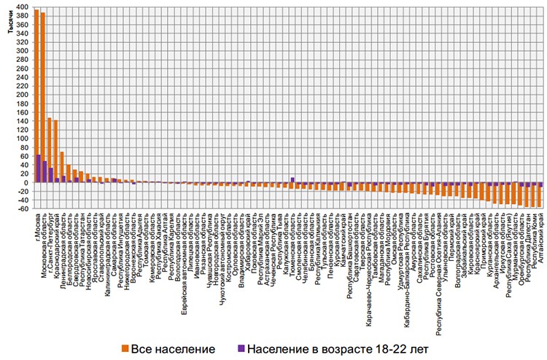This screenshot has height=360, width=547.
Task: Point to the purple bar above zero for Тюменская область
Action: (292, 179)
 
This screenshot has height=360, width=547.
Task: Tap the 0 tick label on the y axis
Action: (25, 183)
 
